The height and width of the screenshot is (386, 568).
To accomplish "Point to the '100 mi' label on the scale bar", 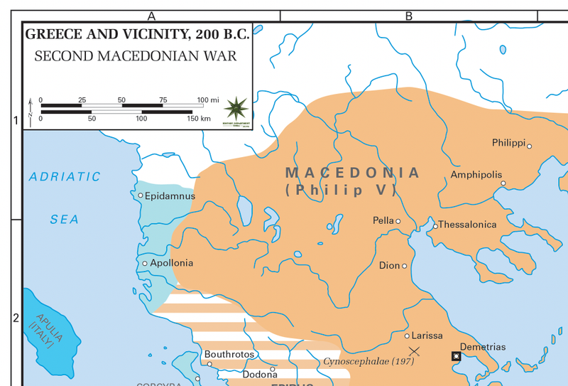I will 208,100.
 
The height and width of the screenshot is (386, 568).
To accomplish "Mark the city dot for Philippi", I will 529,146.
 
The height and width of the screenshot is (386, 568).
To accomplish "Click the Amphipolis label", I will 476,175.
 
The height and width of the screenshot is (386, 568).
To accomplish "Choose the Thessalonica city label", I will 467,225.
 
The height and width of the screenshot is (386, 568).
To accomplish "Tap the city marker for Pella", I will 398,221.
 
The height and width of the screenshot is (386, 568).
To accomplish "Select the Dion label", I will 389,266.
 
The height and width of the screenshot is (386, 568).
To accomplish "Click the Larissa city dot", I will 407,336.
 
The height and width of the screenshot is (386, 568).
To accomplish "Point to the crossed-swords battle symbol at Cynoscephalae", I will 415,351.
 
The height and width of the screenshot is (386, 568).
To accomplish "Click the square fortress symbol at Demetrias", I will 456,356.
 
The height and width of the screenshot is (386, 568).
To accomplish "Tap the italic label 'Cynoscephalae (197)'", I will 368,361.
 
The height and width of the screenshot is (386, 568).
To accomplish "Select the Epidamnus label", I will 170,195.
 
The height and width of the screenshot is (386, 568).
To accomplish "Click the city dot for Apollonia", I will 145,263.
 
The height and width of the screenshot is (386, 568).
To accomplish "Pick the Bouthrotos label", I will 229,354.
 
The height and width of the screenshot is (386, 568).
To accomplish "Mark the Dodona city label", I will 260,375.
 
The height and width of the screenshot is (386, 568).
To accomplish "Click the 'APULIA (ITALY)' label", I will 43,331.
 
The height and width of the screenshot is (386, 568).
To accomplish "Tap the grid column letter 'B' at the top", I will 409,16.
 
